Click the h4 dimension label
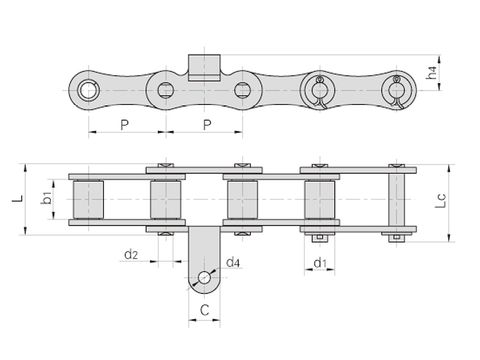click(x=431, y=73)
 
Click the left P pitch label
click(x=124, y=125)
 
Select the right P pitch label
click(x=207, y=125)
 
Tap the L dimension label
click(x=18, y=198)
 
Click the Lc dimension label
click(x=440, y=201)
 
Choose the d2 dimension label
click(x=131, y=254)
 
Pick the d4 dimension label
click(x=233, y=262)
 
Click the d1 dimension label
click(x=320, y=263)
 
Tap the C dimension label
click(x=205, y=310)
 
